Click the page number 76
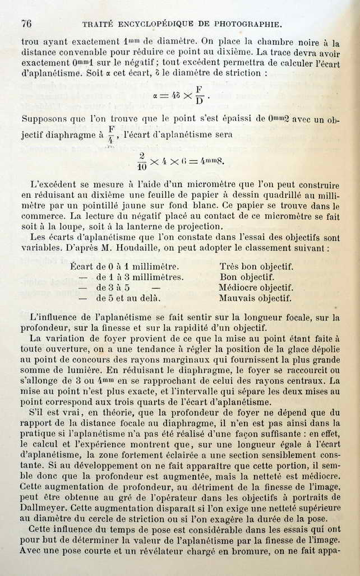tap(26, 24)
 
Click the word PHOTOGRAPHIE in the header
tap(245, 24)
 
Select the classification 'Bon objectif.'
tap(247, 277)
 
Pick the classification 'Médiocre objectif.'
tap(256, 287)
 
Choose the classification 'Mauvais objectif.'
tap(255, 298)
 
